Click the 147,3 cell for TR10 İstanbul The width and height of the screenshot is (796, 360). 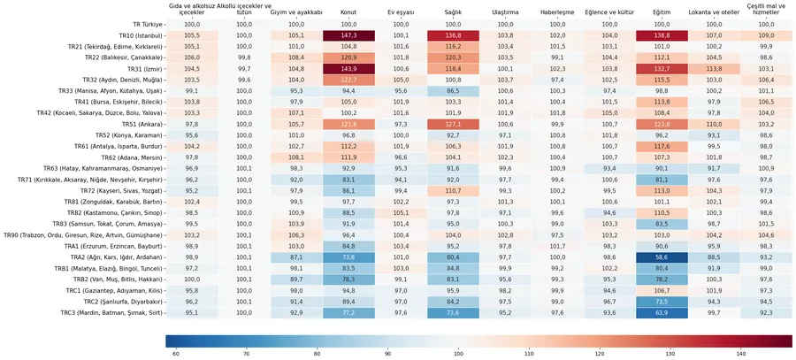pyautogui.click(x=348, y=35)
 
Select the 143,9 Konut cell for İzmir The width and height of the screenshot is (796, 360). pyautogui.click(x=348, y=68)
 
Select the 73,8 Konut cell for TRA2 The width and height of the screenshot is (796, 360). pyautogui.click(x=348, y=257)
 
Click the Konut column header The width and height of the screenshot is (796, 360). pyautogui.click(x=348, y=13)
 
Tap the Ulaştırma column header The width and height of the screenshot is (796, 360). pyautogui.click(x=505, y=13)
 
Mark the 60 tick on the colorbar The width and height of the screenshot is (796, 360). pyautogui.click(x=175, y=353)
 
